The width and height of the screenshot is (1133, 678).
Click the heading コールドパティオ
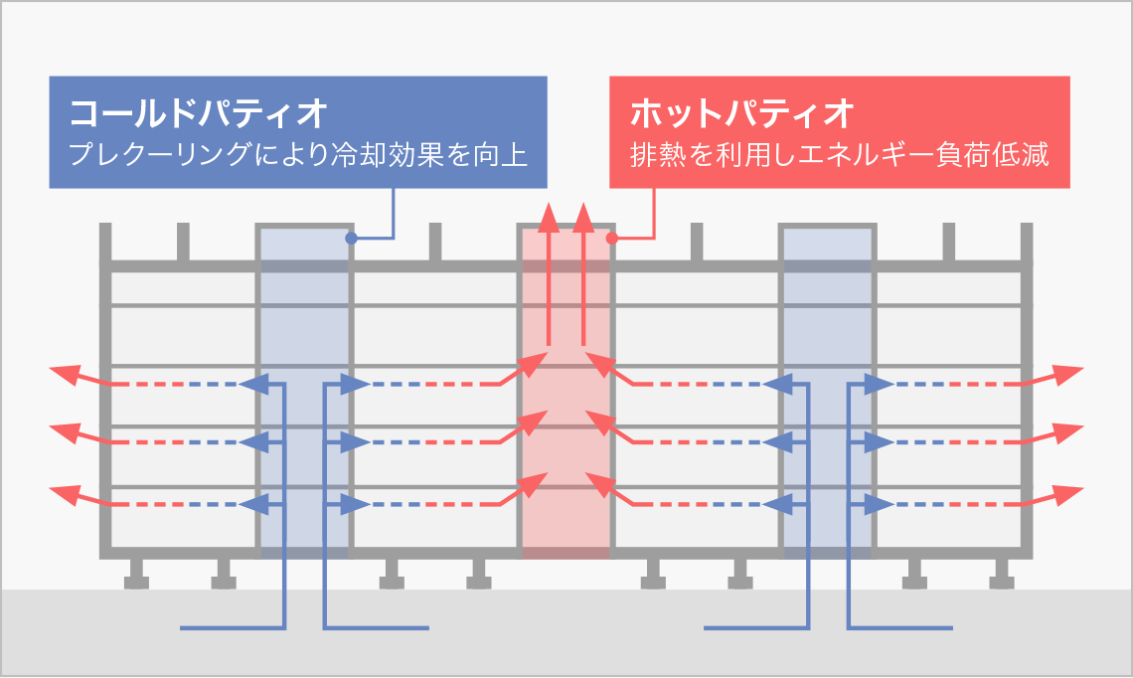tap(198, 113)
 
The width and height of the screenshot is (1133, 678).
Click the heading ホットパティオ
tap(742, 113)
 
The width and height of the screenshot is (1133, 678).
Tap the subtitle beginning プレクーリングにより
tap(297, 156)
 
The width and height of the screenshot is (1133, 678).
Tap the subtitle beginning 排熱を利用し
tap(840, 156)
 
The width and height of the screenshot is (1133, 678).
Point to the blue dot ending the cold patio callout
tap(350, 238)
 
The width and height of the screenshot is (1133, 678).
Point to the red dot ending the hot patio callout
tap(612, 238)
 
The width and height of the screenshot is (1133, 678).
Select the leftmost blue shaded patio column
tap(304, 398)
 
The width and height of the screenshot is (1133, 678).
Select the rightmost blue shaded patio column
tap(827, 398)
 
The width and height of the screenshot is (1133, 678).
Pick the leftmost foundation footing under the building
tap(136, 577)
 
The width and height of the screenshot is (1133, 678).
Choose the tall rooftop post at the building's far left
tap(105, 244)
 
